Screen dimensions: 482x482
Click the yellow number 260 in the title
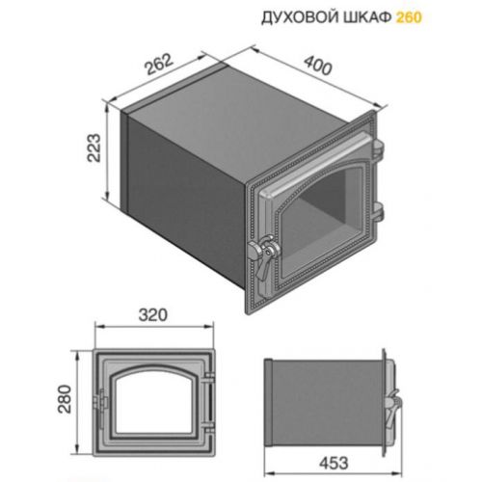click(409, 17)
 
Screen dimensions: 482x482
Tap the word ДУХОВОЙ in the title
click(301, 18)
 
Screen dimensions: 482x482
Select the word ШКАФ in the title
click(367, 17)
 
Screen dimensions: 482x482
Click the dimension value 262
click(159, 65)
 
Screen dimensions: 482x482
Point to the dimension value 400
click(318, 66)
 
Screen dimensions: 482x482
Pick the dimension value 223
click(94, 147)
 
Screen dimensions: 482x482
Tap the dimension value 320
click(153, 315)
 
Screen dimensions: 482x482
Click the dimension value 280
click(65, 398)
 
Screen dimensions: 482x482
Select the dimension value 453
click(334, 463)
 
